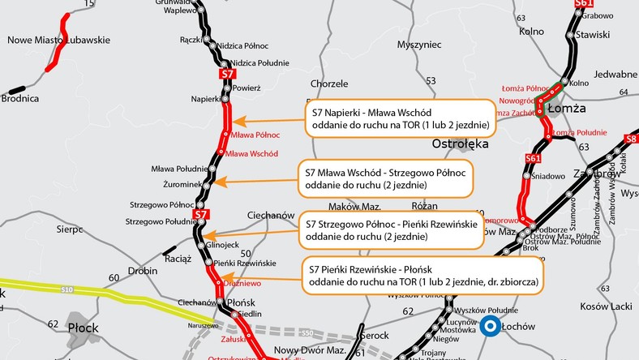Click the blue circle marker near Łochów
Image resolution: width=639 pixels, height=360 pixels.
(490, 327)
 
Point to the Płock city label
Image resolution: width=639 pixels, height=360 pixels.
(84, 328)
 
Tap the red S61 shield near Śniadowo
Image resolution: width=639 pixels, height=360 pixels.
(533, 158)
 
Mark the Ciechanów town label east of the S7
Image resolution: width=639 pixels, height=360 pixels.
(268, 216)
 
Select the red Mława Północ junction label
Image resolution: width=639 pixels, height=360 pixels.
(256, 135)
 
